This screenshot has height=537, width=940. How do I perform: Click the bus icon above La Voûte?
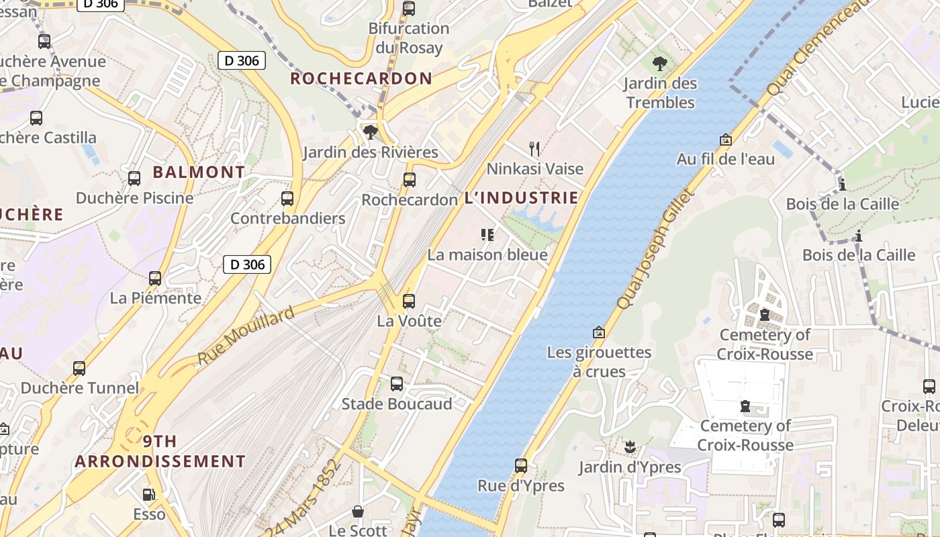point(408,301)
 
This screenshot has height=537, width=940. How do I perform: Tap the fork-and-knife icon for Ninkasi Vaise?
point(534,148)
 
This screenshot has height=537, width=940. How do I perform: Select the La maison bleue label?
point(487,255)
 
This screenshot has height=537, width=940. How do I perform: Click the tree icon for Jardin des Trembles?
point(660,64)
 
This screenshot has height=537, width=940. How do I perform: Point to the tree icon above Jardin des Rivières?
point(369,132)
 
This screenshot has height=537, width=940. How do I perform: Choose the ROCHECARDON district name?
point(361,79)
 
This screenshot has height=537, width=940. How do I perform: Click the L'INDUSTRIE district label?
point(521,198)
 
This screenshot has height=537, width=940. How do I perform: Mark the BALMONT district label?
point(199,173)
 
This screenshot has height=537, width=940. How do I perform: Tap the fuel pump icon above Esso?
point(148,495)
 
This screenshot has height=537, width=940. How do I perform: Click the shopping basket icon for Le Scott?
point(358,511)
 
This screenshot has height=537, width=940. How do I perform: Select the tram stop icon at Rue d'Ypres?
point(520,465)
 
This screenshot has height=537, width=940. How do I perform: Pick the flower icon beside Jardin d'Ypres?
point(629,446)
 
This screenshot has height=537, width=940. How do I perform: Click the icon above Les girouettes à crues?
point(598,332)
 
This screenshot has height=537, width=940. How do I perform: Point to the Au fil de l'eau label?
point(725,159)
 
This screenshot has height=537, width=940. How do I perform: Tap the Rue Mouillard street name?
point(246,337)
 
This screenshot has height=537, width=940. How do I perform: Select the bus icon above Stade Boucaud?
point(397,384)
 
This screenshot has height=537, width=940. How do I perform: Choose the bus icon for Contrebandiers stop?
point(287,199)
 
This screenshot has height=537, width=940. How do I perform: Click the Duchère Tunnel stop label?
point(80,388)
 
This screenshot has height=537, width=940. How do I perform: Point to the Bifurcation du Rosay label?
point(408,38)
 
